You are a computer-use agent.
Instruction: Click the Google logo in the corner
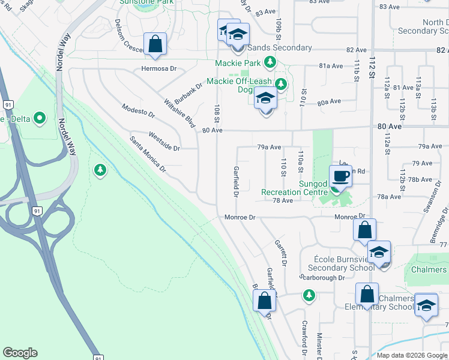[20, 353]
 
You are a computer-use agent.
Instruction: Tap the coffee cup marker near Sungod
[341, 176]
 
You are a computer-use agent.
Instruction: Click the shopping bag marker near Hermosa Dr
[155, 44]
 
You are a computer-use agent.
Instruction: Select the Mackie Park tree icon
[271, 62]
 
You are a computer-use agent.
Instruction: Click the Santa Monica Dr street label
[148, 154]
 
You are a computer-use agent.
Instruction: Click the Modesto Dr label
[138, 110]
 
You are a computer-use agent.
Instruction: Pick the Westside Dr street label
[164, 142]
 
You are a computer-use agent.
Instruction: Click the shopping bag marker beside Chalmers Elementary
[367, 295]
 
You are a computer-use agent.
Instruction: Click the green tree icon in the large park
[100, 171]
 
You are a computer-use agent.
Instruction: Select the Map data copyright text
[412, 355]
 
